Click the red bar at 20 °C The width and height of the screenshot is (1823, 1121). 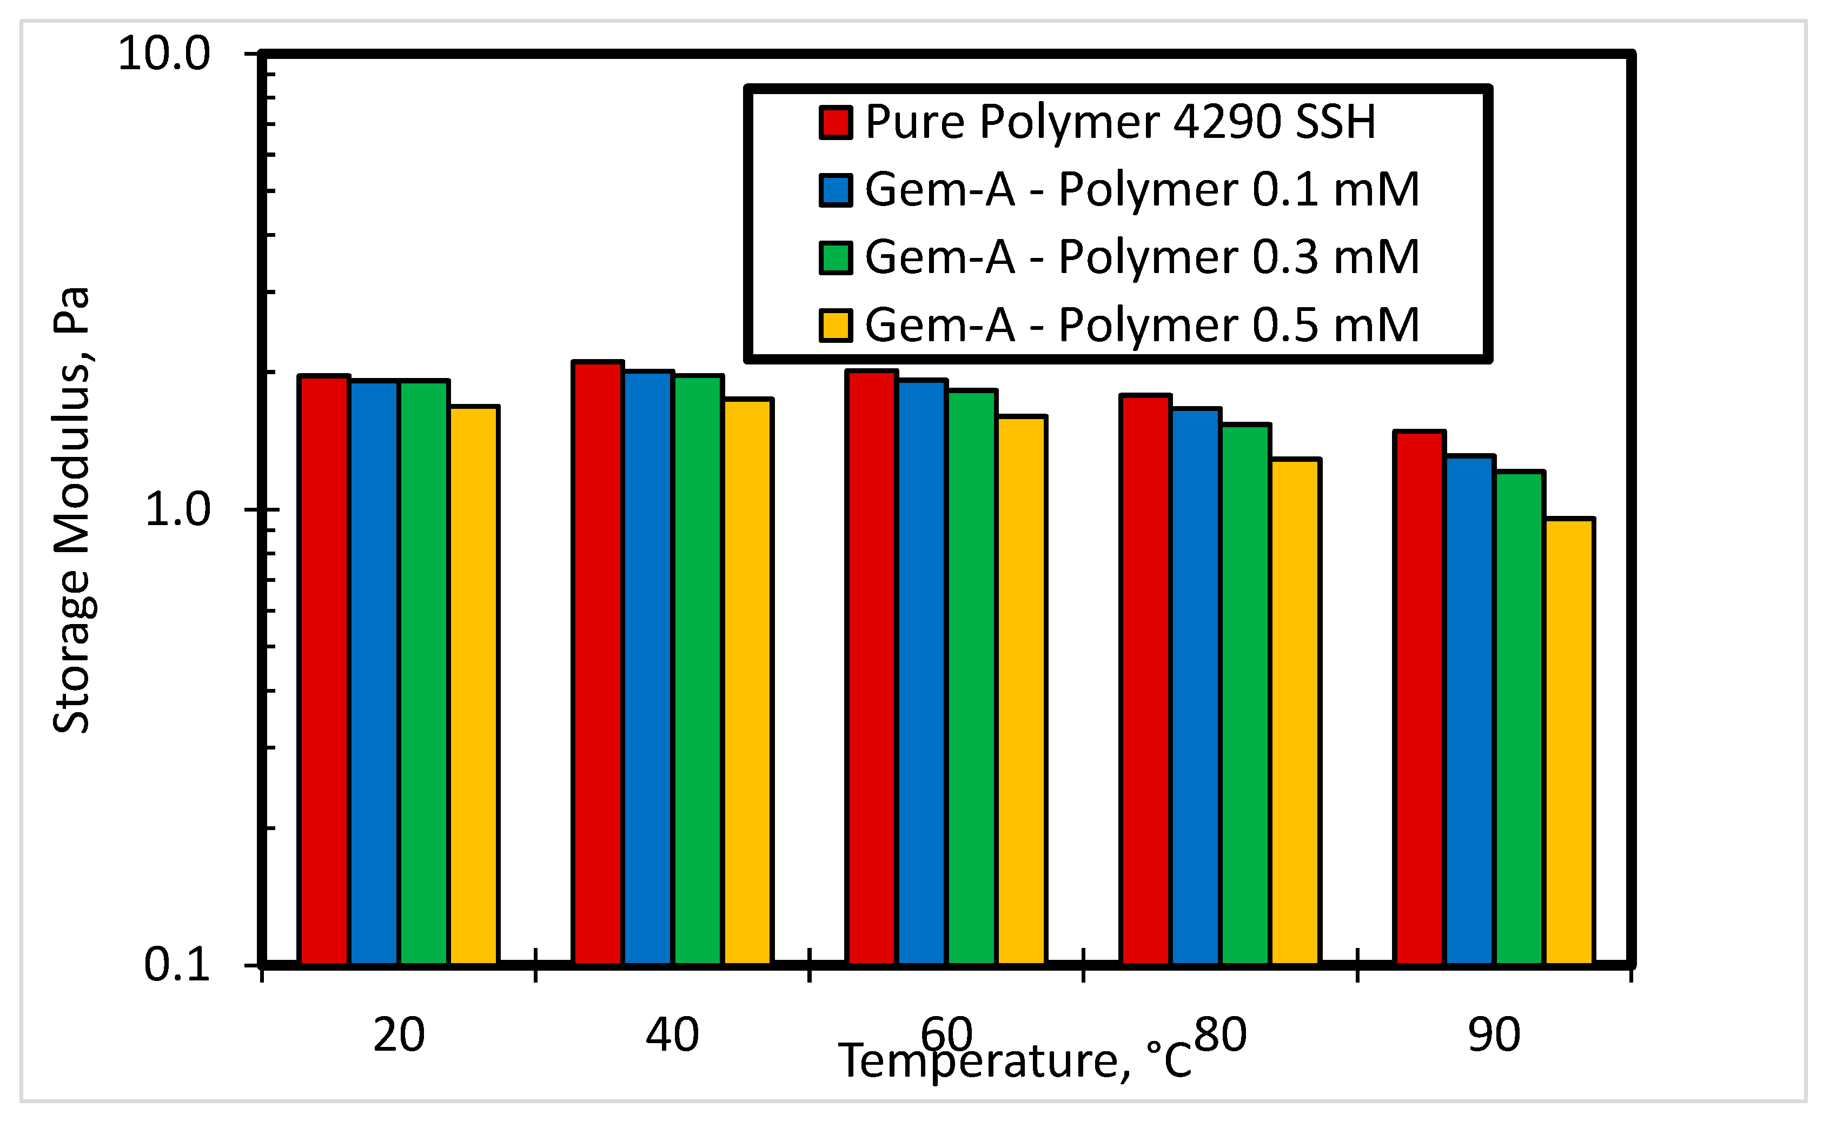323,671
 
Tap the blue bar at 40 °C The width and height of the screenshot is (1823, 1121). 648,667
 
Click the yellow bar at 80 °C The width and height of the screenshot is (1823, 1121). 1296,712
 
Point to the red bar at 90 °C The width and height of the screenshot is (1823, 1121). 1420,698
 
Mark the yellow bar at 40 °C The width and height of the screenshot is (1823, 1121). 748,681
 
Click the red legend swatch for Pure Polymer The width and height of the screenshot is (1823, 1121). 836,122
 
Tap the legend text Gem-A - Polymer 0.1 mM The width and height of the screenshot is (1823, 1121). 1142,190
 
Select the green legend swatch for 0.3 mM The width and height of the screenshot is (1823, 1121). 836,258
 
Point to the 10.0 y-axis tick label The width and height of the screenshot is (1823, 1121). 164,54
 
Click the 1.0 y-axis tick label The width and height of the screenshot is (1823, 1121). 177,510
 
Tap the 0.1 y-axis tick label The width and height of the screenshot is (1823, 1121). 177,965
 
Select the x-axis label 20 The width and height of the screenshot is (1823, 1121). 399,1035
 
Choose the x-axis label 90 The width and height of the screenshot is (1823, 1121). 1494,1035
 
